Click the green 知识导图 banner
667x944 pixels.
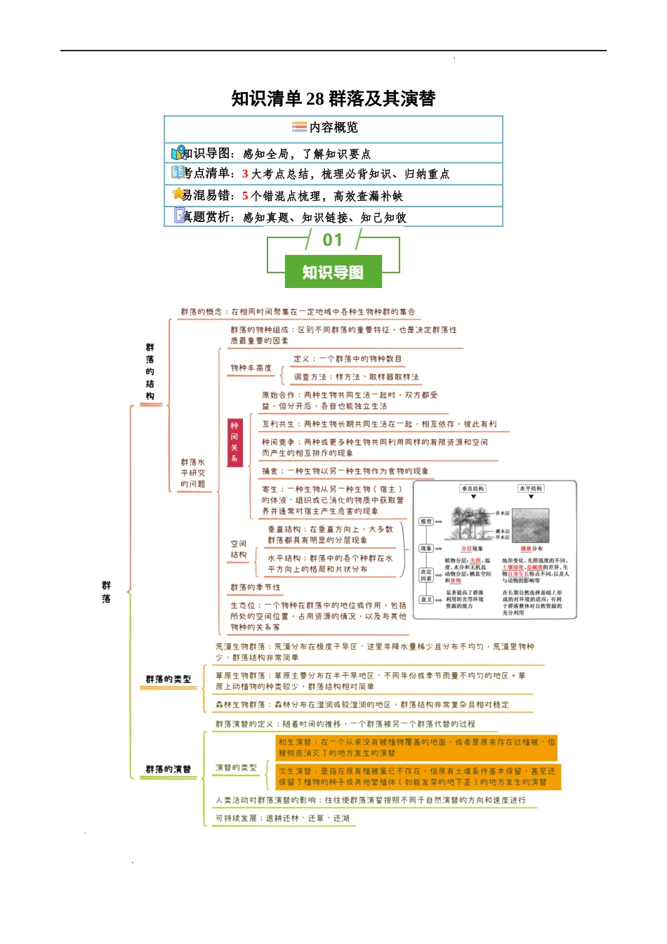point(333,272)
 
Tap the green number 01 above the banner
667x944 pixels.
point(333,240)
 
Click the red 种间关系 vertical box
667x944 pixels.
point(235,442)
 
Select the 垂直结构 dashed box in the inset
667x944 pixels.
point(473,488)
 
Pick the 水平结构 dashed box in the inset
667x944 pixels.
point(531,488)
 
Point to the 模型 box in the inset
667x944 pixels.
point(426,522)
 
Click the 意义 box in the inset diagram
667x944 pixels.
point(426,599)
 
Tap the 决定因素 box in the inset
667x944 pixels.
point(426,575)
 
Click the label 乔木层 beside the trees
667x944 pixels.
point(503,513)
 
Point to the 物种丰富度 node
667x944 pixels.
point(251,368)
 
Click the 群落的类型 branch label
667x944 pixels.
point(169,679)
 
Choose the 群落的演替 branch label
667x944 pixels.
point(169,769)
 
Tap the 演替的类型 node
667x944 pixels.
point(236,768)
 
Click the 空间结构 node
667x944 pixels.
point(239,549)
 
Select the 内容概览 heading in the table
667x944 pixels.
point(333,127)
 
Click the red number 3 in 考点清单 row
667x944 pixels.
point(245,174)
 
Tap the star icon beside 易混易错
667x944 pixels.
point(178,194)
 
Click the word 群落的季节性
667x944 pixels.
point(256,587)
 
